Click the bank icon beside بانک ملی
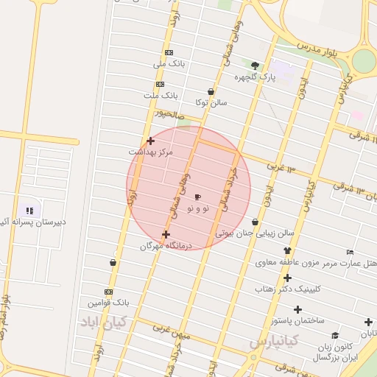(169, 53)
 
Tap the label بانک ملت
(161, 96)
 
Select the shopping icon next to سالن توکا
(211, 92)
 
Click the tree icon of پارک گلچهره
(255, 66)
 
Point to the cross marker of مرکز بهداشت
(150, 141)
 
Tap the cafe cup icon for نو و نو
(197, 197)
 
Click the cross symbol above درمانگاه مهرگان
(166, 234)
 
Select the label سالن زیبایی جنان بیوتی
(254, 233)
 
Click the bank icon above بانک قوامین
(109, 292)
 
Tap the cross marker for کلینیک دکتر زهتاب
(287, 278)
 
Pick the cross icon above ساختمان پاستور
(297, 309)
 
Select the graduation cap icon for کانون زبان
(335, 335)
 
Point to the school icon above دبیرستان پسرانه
(29, 211)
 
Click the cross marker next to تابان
(367, 322)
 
